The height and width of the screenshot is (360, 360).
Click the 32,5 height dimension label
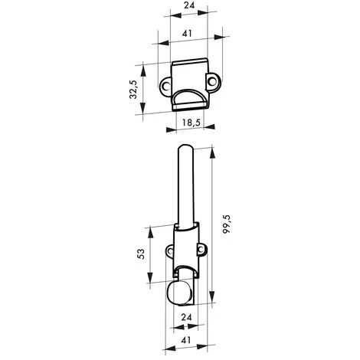click(x=133, y=88)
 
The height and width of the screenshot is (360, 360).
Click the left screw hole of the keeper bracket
click(x=164, y=87)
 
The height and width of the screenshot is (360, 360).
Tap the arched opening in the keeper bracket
click(x=188, y=98)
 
